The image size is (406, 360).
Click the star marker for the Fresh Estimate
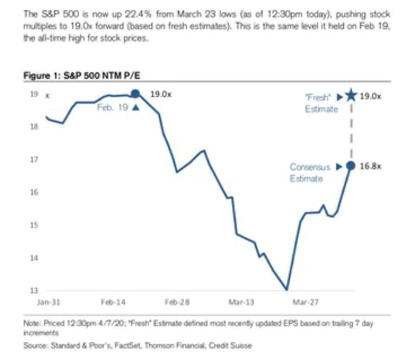[350, 96]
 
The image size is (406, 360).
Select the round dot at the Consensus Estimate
[350, 166]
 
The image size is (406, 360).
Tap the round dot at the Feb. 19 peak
[136, 94]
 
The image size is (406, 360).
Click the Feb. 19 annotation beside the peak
[112, 107]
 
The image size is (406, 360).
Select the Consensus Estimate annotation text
[308, 173]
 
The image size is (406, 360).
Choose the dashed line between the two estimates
[350, 133]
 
